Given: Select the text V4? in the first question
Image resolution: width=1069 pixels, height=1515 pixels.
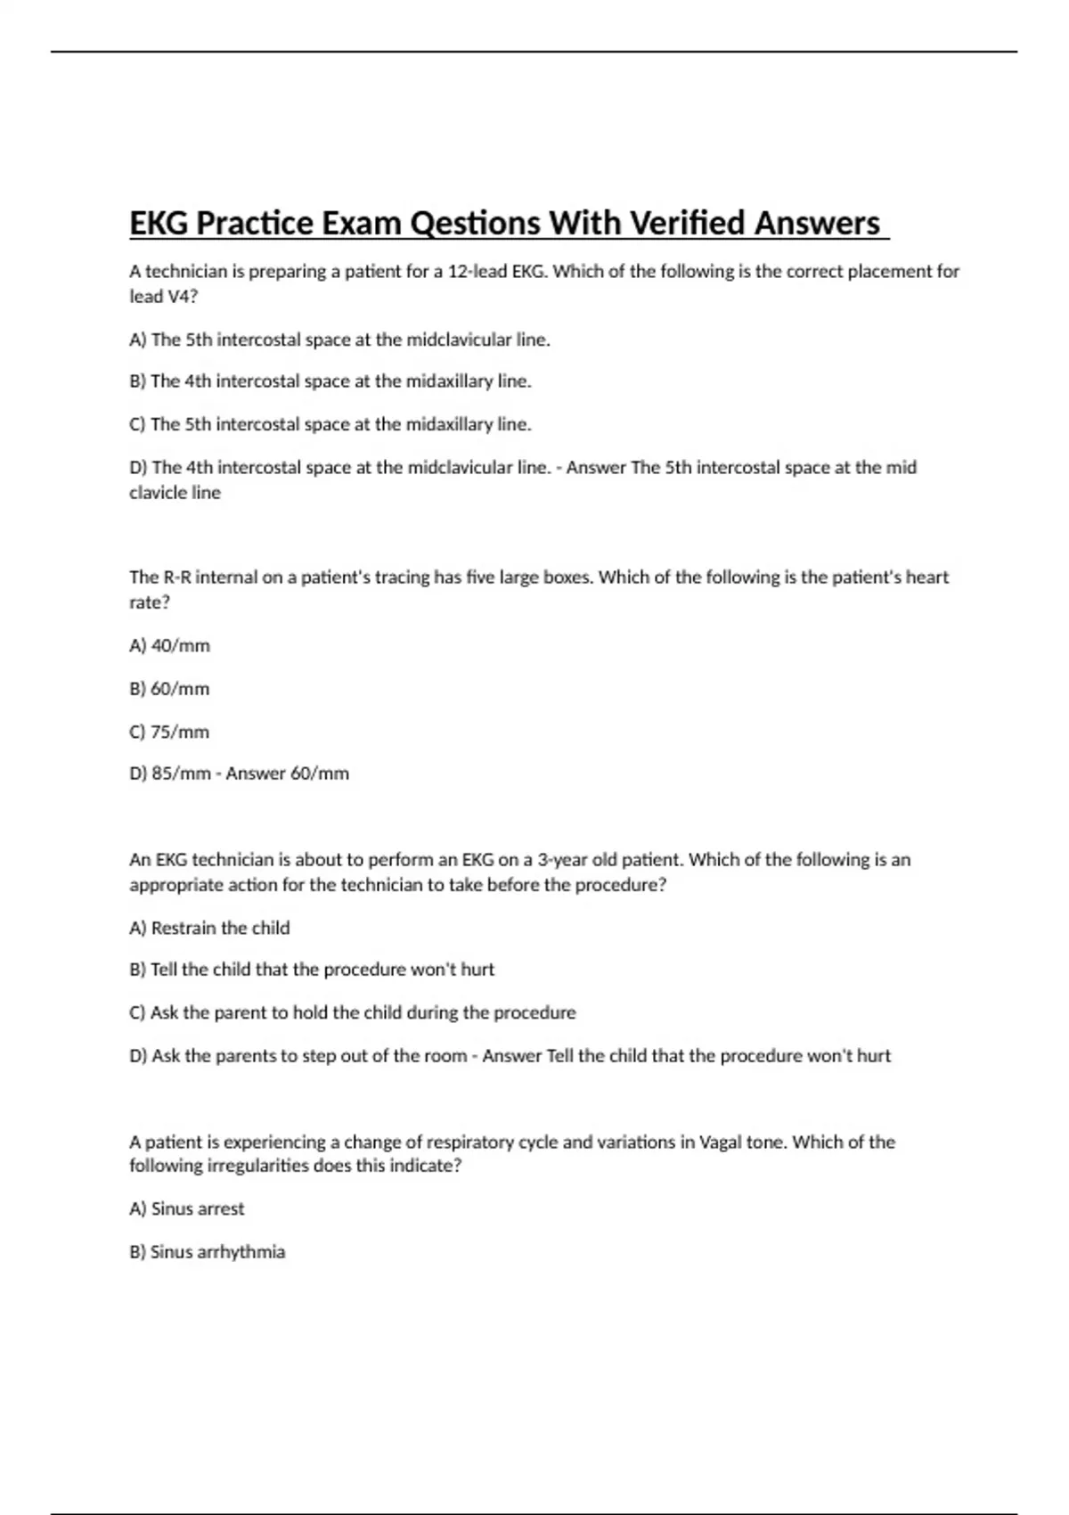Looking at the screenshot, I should pyautogui.click(x=182, y=297).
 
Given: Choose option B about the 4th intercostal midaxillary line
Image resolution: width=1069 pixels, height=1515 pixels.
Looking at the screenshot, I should pyautogui.click(x=330, y=381).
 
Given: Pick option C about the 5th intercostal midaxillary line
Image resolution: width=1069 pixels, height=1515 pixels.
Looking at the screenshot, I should pyautogui.click(x=330, y=424).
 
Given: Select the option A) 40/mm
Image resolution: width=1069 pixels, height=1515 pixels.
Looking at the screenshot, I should pyautogui.click(x=169, y=645).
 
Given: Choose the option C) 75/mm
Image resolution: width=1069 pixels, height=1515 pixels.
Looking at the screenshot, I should pyautogui.click(x=169, y=732).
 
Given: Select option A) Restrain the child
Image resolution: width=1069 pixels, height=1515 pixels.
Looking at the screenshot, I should pyautogui.click(x=209, y=928).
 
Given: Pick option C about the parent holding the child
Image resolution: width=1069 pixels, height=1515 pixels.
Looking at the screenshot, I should pyautogui.click(x=353, y=1013).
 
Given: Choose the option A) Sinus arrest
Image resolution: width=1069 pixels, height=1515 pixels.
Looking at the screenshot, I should pyautogui.click(x=186, y=1209).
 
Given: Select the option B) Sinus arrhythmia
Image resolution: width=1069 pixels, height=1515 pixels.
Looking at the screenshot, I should pyautogui.click(x=207, y=1252).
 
